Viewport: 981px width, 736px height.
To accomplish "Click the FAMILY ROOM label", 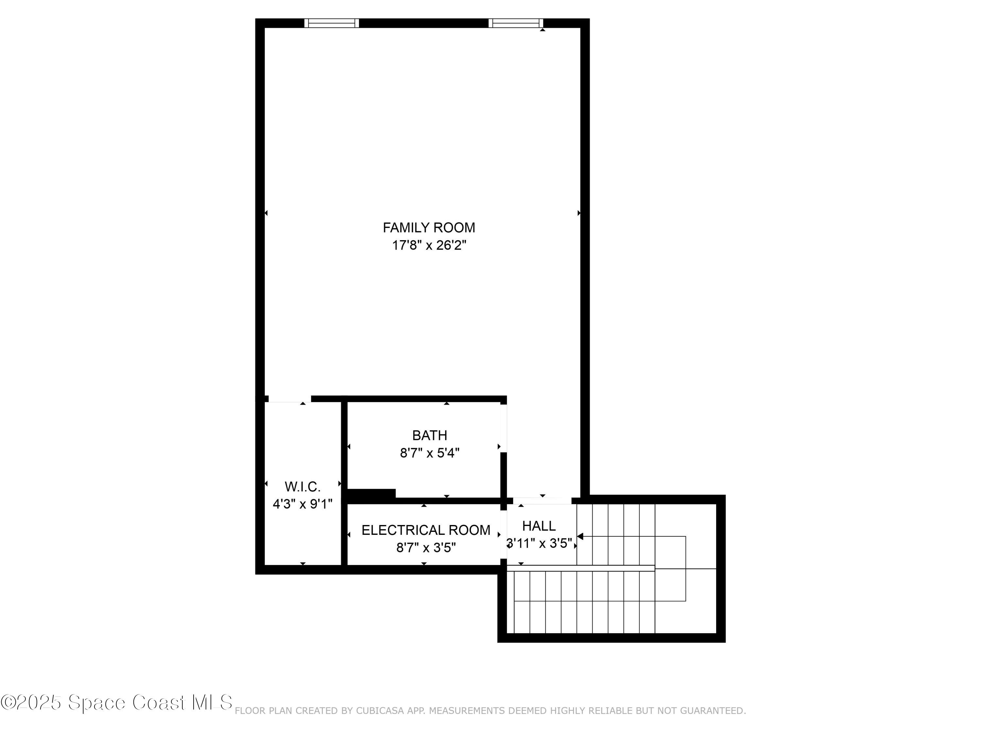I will tap(428, 228).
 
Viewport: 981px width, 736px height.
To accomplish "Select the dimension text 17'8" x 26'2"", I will tap(428, 245).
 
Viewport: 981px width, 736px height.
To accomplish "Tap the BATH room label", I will tap(429, 435).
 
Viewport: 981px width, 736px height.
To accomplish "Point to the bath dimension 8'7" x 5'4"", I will tap(429, 453).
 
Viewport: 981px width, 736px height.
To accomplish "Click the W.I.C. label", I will tap(302, 487).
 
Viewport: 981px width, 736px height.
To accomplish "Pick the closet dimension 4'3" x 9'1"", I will tap(302, 504).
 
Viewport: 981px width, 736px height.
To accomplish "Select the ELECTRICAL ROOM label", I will tap(426, 530).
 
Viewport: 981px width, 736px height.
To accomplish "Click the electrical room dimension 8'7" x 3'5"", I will tap(426, 548).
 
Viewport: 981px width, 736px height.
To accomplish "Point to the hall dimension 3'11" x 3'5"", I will tap(539, 543).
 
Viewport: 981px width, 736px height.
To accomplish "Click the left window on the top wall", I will tap(331, 23).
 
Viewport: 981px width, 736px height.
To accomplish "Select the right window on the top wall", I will tap(516, 23).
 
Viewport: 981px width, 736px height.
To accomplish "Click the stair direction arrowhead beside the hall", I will tap(580, 536).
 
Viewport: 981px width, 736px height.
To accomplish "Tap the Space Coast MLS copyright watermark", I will tap(116, 703).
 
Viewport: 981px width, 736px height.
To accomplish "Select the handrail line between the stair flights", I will tap(581, 568).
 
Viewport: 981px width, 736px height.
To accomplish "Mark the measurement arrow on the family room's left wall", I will tap(266, 213).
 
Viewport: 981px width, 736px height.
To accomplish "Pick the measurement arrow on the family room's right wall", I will tap(579, 213).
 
